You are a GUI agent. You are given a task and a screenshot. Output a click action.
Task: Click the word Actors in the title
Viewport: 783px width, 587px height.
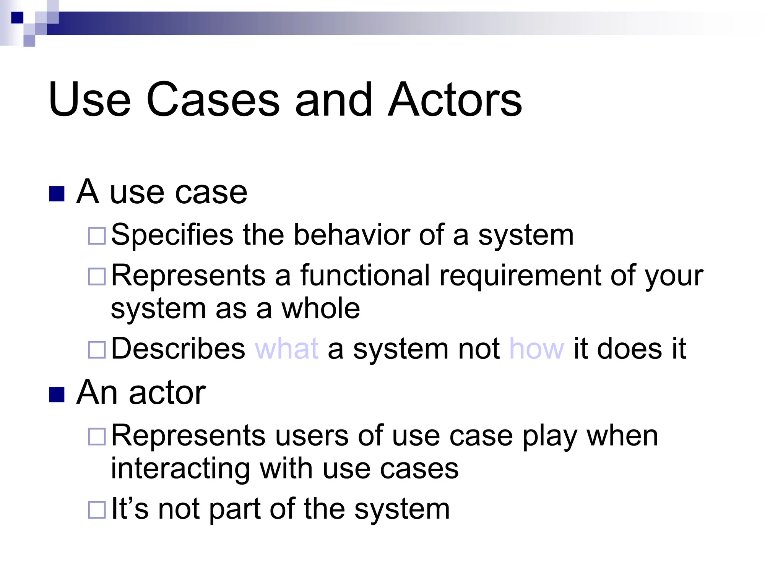click(455, 100)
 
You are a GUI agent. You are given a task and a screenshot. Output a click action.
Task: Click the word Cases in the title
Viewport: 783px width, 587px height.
click(213, 100)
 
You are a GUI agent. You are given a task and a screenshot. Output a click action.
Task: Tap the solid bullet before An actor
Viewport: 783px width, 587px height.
click(57, 395)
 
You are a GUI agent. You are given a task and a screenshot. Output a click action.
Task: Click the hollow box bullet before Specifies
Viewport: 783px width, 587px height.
click(97, 236)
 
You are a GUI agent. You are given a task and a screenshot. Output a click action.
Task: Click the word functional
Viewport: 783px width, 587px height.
click(365, 275)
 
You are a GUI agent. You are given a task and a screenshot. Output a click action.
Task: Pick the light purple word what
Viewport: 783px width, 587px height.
click(286, 349)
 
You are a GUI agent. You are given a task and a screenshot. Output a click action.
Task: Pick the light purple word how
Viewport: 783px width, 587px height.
click(536, 349)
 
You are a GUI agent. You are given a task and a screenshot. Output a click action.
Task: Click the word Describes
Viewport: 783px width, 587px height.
click(178, 349)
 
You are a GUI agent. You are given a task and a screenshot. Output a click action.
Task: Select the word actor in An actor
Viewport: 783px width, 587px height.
click(167, 393)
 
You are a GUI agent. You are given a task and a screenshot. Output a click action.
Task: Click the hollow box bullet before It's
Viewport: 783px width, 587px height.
click(97, 510)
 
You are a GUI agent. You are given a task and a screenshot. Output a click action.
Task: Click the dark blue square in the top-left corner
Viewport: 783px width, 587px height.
click(17, 18)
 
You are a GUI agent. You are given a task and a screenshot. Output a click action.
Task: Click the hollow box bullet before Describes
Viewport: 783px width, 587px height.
click(97, 350)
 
